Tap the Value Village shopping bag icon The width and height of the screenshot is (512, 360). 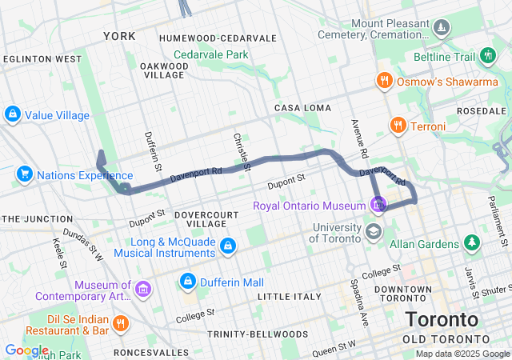pyautogui.click(x=13, y=115)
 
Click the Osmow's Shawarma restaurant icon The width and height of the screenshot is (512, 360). pyautogui.click(x=384, y=80)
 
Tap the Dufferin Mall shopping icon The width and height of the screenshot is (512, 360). pyautogui.click(x=187, y=282)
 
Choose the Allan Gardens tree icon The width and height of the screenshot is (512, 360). pyautogui.click(x=472, y=242)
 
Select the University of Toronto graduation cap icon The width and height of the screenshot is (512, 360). pyautogui.click(x=373, y=231)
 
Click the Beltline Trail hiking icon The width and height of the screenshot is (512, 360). pyautogui.click(x=488, y=57)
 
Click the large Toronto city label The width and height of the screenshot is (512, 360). pyautogui.click(x=442, y=319)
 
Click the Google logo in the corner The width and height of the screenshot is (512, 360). pyautogui.click(x=26, y=350)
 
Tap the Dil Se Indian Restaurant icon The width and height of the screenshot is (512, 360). pyautogui.click(x=121, y=322)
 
